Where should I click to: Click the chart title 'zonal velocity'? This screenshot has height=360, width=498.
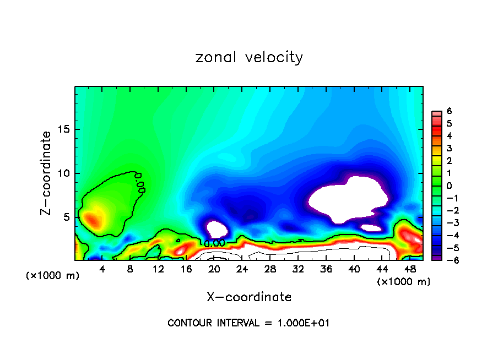point(249,58)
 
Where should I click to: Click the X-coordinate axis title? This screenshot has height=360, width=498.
point(249,297)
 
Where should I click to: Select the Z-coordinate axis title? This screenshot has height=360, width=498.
point(47,173)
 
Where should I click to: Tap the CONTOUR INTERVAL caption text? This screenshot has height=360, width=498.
point(248,323)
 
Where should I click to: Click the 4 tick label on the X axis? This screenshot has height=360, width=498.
point(102,269)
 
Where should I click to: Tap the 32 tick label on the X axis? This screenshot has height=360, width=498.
point(298,269)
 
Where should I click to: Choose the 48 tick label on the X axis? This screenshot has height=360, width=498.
point(410,269)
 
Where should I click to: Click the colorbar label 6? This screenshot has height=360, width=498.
point(449,111)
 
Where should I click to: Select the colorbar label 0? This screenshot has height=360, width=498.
point(449,186)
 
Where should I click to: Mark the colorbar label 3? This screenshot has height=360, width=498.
point(449,148)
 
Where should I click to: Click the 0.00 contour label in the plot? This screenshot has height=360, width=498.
point(215,243)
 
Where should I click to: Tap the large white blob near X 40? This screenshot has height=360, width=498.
point(348,198)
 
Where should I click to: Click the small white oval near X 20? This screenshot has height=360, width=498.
point(217,229)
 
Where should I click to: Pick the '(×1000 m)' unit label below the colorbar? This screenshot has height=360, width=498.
point(404,282)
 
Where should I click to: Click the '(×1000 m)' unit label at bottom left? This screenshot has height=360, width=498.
point(53,276)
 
